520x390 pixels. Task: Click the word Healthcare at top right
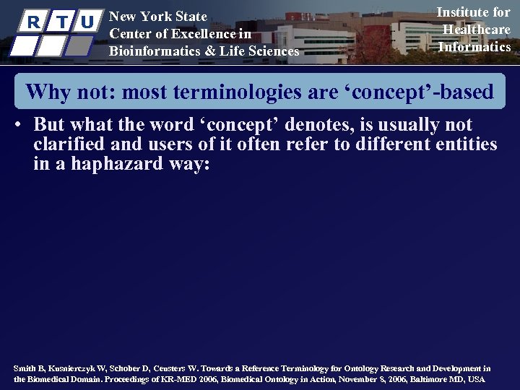pos(476,30)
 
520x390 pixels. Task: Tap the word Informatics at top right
pos(474,47)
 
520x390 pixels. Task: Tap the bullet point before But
pos(16,124)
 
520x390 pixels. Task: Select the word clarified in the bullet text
pos(71,144)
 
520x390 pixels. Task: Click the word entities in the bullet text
pos(467,144)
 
